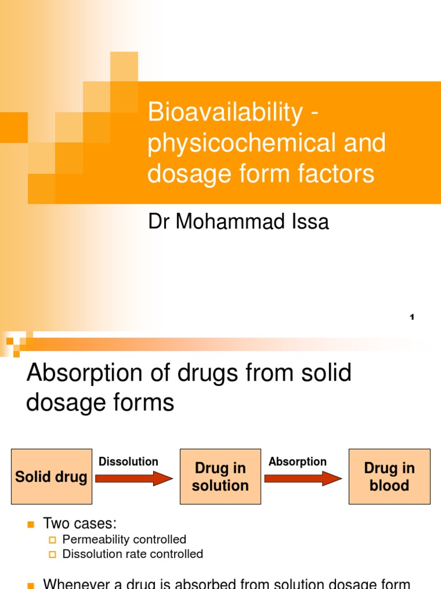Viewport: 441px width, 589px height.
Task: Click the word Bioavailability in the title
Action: point(225,113)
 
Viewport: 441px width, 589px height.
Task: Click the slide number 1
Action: point(412,318)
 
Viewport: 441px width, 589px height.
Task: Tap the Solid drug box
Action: point(52,477)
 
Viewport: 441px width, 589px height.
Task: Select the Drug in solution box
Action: point(220,477)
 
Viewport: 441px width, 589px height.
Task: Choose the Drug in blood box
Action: point(389,477)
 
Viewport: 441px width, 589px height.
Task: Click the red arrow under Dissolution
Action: point(134,478)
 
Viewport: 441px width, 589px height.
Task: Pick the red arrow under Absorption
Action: point(303,478)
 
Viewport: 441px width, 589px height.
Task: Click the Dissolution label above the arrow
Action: point(129,461)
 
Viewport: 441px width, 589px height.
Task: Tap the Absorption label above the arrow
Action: point(297,461)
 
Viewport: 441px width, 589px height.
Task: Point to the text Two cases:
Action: point(80,523)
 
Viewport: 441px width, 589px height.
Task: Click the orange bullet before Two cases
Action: point(31,524)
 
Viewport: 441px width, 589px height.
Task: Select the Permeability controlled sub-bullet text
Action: point(124,540)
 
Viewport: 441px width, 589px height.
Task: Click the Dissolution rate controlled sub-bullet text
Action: point(133,554)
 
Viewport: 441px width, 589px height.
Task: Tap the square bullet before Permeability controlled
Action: point(53,540)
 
